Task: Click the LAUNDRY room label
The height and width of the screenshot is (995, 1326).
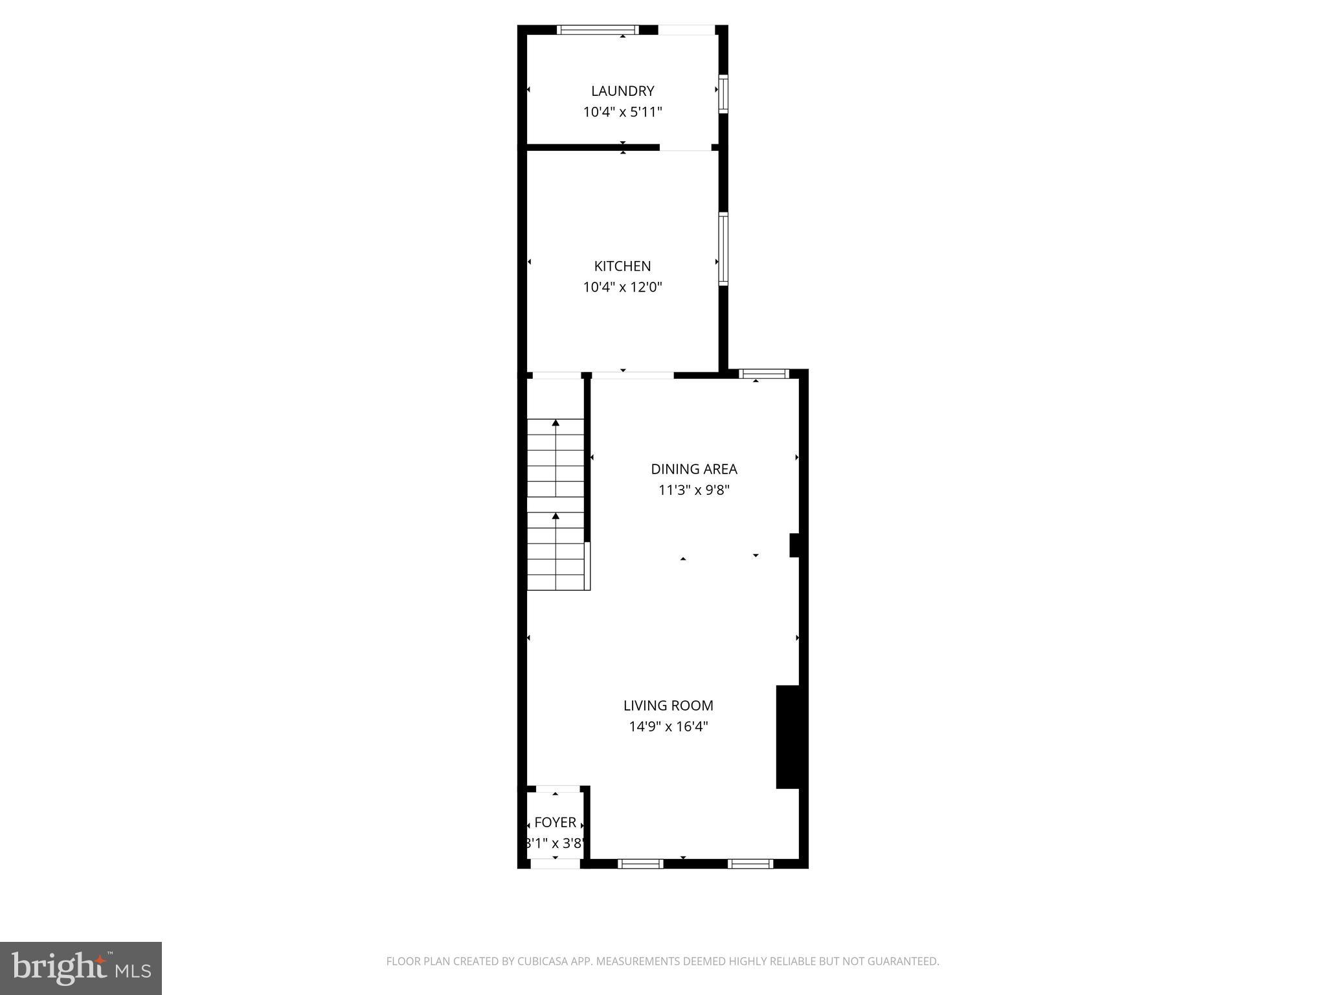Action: (x=622, y=91)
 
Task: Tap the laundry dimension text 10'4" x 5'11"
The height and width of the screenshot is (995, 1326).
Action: (x=622, y=112)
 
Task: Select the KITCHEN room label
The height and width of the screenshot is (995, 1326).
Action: (x=622, y=266)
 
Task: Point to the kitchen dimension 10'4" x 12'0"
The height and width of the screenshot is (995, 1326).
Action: (x=622, y=287)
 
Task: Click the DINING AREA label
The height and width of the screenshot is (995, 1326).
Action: (x=693, y=469)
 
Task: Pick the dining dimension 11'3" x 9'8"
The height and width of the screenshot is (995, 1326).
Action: (x=693, y=490)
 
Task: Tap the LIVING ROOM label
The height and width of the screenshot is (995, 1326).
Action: (x=668, y=705)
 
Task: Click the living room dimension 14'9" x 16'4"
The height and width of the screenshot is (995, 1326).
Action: (x=668, y=727)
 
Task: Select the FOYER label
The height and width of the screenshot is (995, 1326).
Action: (x=555, y=823)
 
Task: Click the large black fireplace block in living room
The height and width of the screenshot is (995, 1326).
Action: (x=787, y=737)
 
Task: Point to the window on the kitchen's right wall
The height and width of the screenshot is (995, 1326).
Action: (x=723, y=249)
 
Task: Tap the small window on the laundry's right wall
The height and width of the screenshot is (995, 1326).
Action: (x=723, y=95)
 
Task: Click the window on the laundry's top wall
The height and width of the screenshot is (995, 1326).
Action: (x=598, y=30)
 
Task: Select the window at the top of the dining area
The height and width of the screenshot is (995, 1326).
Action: (x=764, y=374)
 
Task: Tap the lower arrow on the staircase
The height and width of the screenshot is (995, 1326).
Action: (x=556, y=516)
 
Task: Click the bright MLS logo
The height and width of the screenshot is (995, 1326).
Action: (x=81, y=968)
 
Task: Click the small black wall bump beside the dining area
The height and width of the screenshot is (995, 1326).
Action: (x=794, y=545)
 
